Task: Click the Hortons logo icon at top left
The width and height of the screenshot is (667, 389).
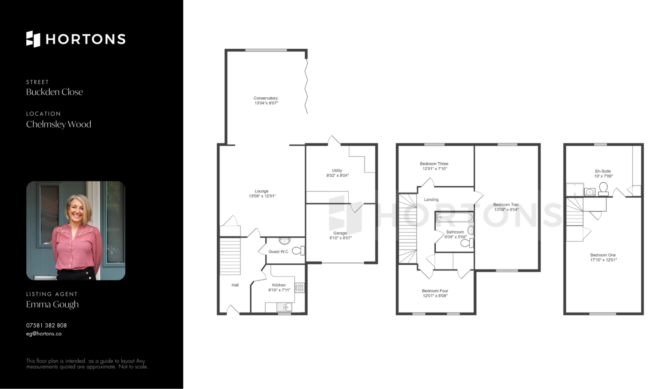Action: click(x=33, y=39)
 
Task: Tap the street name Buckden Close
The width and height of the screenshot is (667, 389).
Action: click(x=55, y=92)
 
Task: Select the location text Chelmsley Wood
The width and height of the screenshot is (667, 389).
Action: click(x=59, y=124)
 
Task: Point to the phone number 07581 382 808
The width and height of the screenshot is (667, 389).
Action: click(x=47, y=325)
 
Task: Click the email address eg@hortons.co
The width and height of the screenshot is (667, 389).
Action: click(x=44, y=334)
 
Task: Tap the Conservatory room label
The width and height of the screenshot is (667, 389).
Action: click(x=266, y=98)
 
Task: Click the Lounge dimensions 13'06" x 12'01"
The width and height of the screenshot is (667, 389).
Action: click(x=262, y=196)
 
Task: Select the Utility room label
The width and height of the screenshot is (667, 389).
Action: click(x=337, y=171)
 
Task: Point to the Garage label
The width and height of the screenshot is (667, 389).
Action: click(x=340, y=233)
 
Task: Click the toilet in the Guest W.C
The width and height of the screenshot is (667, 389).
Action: click(x=298, y=250)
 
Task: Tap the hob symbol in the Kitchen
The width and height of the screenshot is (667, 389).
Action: click(x=299, y=288)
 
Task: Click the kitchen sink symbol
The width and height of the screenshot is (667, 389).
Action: click(x=284, y=307)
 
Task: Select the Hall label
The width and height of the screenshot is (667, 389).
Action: click(x=235, y=285)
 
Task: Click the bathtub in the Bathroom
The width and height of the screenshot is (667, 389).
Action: click(x=454, y=218)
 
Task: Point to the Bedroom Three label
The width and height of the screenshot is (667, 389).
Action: click(x=434, y=164)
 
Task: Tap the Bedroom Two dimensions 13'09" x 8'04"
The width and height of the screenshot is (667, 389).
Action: click(x=507, y=210)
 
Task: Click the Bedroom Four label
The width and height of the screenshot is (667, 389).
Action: click(x=435, y=291)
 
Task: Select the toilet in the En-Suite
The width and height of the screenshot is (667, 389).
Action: click(x=604, y=189)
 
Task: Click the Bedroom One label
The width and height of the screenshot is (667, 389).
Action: click(x=603, y=255)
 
